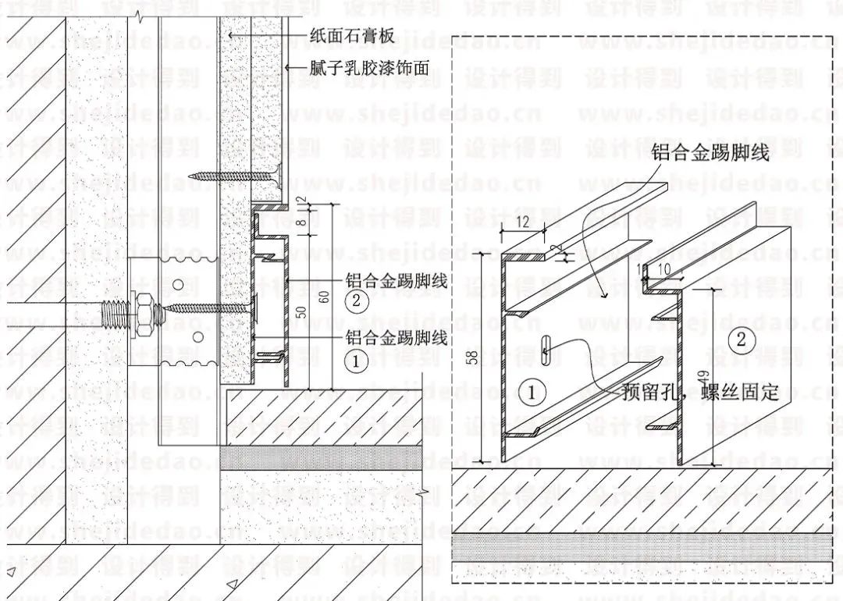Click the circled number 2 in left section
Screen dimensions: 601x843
click(x=356, y=301)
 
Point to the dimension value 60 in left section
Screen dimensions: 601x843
click(x=324, y=297)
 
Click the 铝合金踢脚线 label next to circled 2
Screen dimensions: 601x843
click(x=396, y=281)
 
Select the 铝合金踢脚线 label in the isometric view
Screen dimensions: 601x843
click(x=711, y=152)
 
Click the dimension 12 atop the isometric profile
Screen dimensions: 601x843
click(x=522, y=222)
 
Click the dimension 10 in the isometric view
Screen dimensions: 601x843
click(x=664, y=268)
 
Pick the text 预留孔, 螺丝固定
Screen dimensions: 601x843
click(x=701, y=393)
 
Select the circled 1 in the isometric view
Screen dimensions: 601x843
click(x=532, y=393)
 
